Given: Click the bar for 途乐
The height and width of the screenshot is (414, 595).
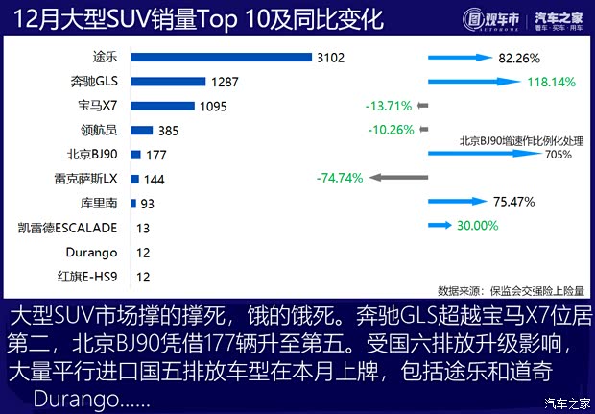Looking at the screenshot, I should click(220, 58).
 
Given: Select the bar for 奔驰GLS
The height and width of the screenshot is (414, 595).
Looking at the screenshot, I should click(167, 82).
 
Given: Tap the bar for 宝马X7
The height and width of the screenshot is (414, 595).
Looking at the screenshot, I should click(161, 106).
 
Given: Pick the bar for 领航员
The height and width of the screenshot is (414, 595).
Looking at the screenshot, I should click(141, 130).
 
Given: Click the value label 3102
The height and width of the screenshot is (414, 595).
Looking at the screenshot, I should click(330, 58).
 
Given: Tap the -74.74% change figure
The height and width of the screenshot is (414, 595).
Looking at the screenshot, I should click(339, 177).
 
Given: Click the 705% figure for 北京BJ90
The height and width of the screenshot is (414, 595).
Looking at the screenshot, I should click(559, 154).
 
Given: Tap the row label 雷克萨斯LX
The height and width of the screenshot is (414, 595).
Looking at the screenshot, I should click(86, 179).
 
